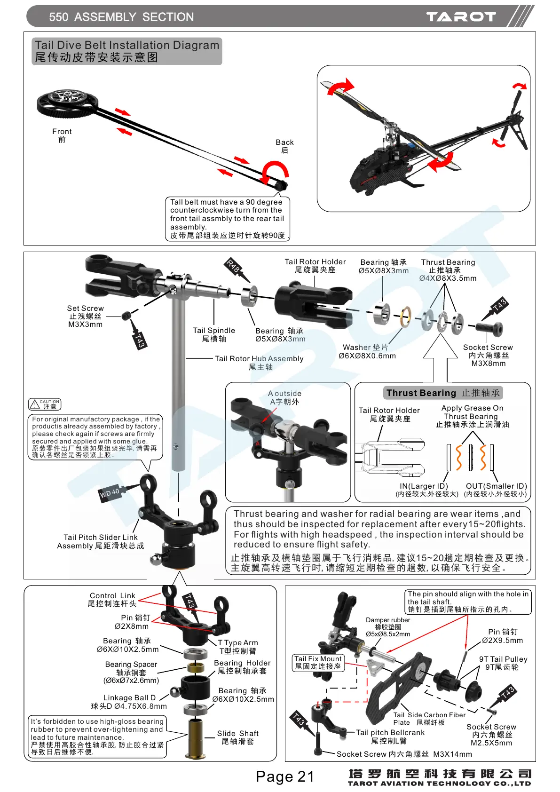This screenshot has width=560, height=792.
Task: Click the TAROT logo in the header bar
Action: point(461,17)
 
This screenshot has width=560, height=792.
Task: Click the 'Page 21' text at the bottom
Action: point(284,776)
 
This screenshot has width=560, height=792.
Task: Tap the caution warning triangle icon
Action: point(34,404)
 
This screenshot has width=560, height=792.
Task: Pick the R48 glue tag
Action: point(233,266)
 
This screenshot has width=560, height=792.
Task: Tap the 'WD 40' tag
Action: point(110,493)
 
